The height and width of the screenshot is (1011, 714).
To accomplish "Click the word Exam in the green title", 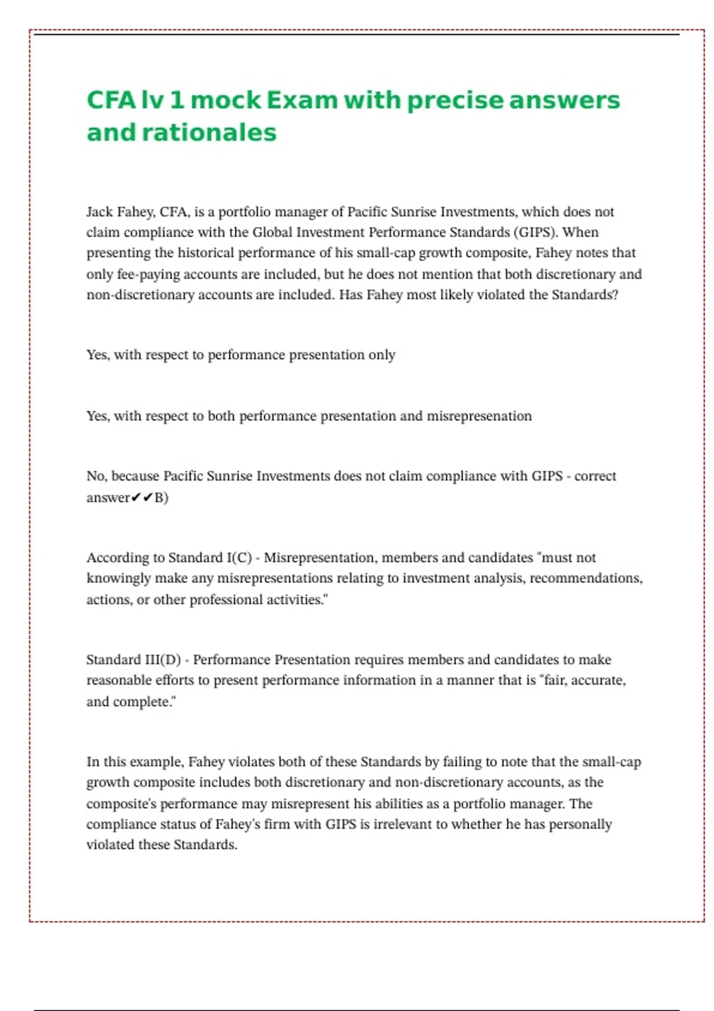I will (x=302, y=100).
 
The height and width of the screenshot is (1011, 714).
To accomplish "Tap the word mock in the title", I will (x=226, y=100).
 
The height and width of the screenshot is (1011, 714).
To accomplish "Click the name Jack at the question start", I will (x=99, y=212).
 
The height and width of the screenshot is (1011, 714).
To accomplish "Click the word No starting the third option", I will (x=96, y=476).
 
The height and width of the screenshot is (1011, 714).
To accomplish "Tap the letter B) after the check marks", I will (x=161, y=498).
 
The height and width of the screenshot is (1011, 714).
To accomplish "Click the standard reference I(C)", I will (x=239, y=558).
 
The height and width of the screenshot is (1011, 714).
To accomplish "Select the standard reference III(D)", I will (x=163, y=660).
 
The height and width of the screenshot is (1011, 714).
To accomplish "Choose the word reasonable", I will (x=118, y=680).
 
